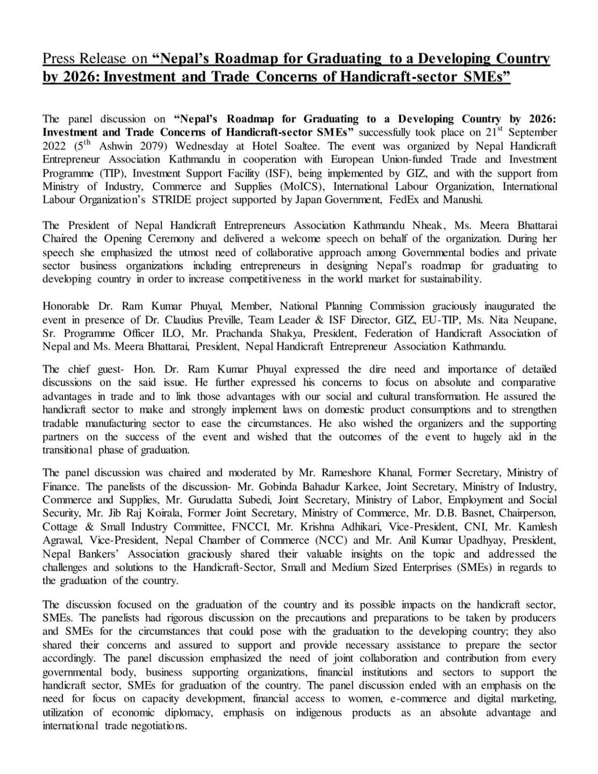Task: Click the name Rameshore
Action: point(347,473)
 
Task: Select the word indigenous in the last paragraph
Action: point(318,713)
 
